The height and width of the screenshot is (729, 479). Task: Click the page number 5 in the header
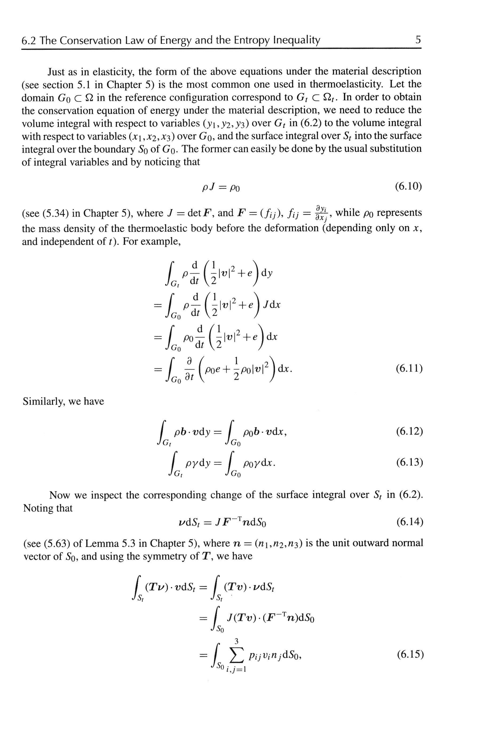tap(418, 40)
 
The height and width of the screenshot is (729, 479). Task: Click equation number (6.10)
tap(408, 186)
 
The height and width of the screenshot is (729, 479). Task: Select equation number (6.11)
tap(409, 368)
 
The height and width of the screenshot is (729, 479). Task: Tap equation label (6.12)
tap(409, 432)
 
